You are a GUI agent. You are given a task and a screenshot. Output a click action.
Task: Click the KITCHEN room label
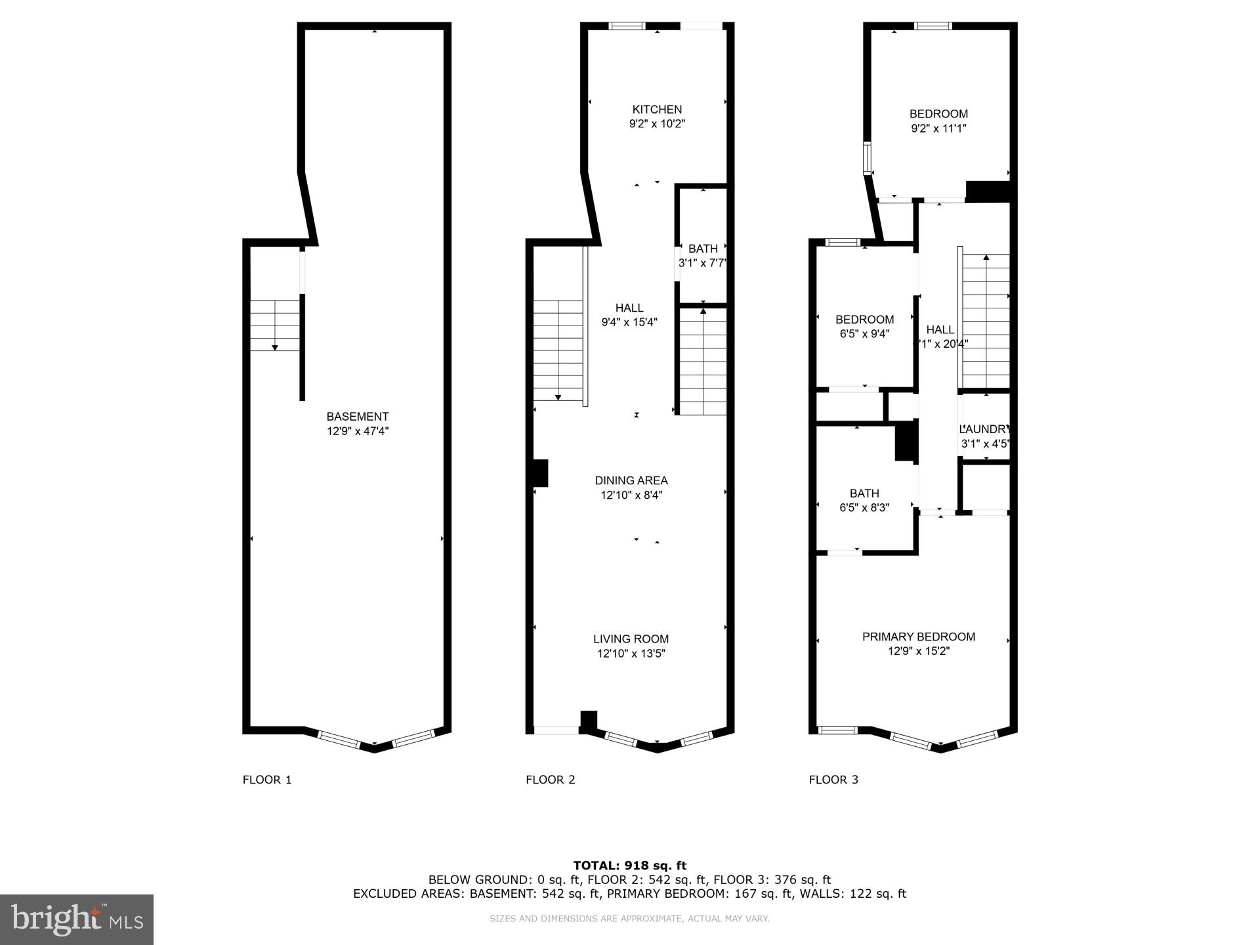pos(657,110)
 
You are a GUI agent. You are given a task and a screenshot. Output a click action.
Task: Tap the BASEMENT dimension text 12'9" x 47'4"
pos(358,431)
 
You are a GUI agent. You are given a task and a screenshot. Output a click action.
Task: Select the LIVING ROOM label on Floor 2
pos(631,639)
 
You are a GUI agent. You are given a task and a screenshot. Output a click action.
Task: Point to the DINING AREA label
pos(631,480)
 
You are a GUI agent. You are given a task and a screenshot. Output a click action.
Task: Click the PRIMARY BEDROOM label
pos(918,637)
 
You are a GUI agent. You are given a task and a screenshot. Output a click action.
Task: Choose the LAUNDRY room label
pos(984,429)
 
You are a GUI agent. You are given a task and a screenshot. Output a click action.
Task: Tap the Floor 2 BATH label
pos(703,249)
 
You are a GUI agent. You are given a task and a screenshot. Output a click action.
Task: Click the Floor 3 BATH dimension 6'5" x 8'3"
pos(864,507)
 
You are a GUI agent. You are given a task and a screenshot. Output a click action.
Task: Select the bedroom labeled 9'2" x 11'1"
pos(938,121)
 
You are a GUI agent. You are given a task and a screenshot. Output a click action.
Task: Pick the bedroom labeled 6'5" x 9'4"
pos(864,326)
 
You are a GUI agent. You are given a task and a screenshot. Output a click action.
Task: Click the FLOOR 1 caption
pos(267,780)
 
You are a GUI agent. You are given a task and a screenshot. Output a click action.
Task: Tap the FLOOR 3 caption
pos(833,780)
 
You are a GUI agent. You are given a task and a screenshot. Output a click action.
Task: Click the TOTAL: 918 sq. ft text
pos(629,866)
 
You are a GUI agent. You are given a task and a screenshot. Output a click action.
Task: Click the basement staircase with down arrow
pos(275,325)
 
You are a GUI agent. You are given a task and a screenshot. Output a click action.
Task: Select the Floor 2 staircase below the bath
pos(703,362)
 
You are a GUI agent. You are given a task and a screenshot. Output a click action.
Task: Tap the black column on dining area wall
pos(539,473)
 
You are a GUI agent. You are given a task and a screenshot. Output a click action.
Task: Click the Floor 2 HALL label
pos(629,308)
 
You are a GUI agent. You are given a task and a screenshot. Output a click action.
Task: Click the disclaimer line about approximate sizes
pos(629,919)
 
